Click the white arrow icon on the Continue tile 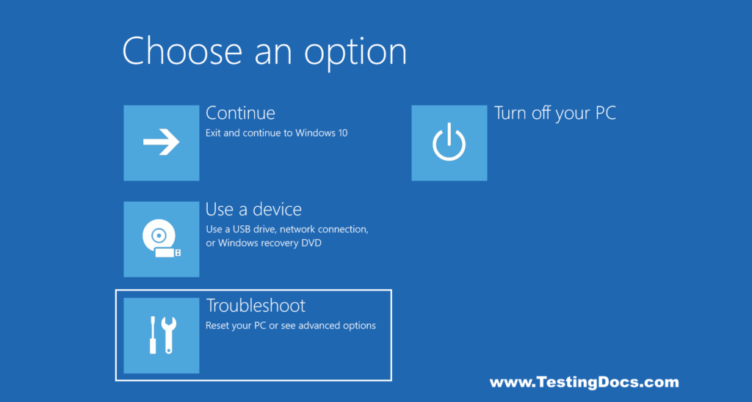162,142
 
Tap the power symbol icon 449,142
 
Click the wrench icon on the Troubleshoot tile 168,335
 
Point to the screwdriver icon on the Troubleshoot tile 153,335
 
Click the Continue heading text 240,113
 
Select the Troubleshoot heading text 256,305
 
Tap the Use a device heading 253,209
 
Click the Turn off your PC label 554,113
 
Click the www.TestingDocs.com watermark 584,382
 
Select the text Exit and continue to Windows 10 277,133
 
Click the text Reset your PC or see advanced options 291,325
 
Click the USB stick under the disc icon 168,252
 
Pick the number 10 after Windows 341,133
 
